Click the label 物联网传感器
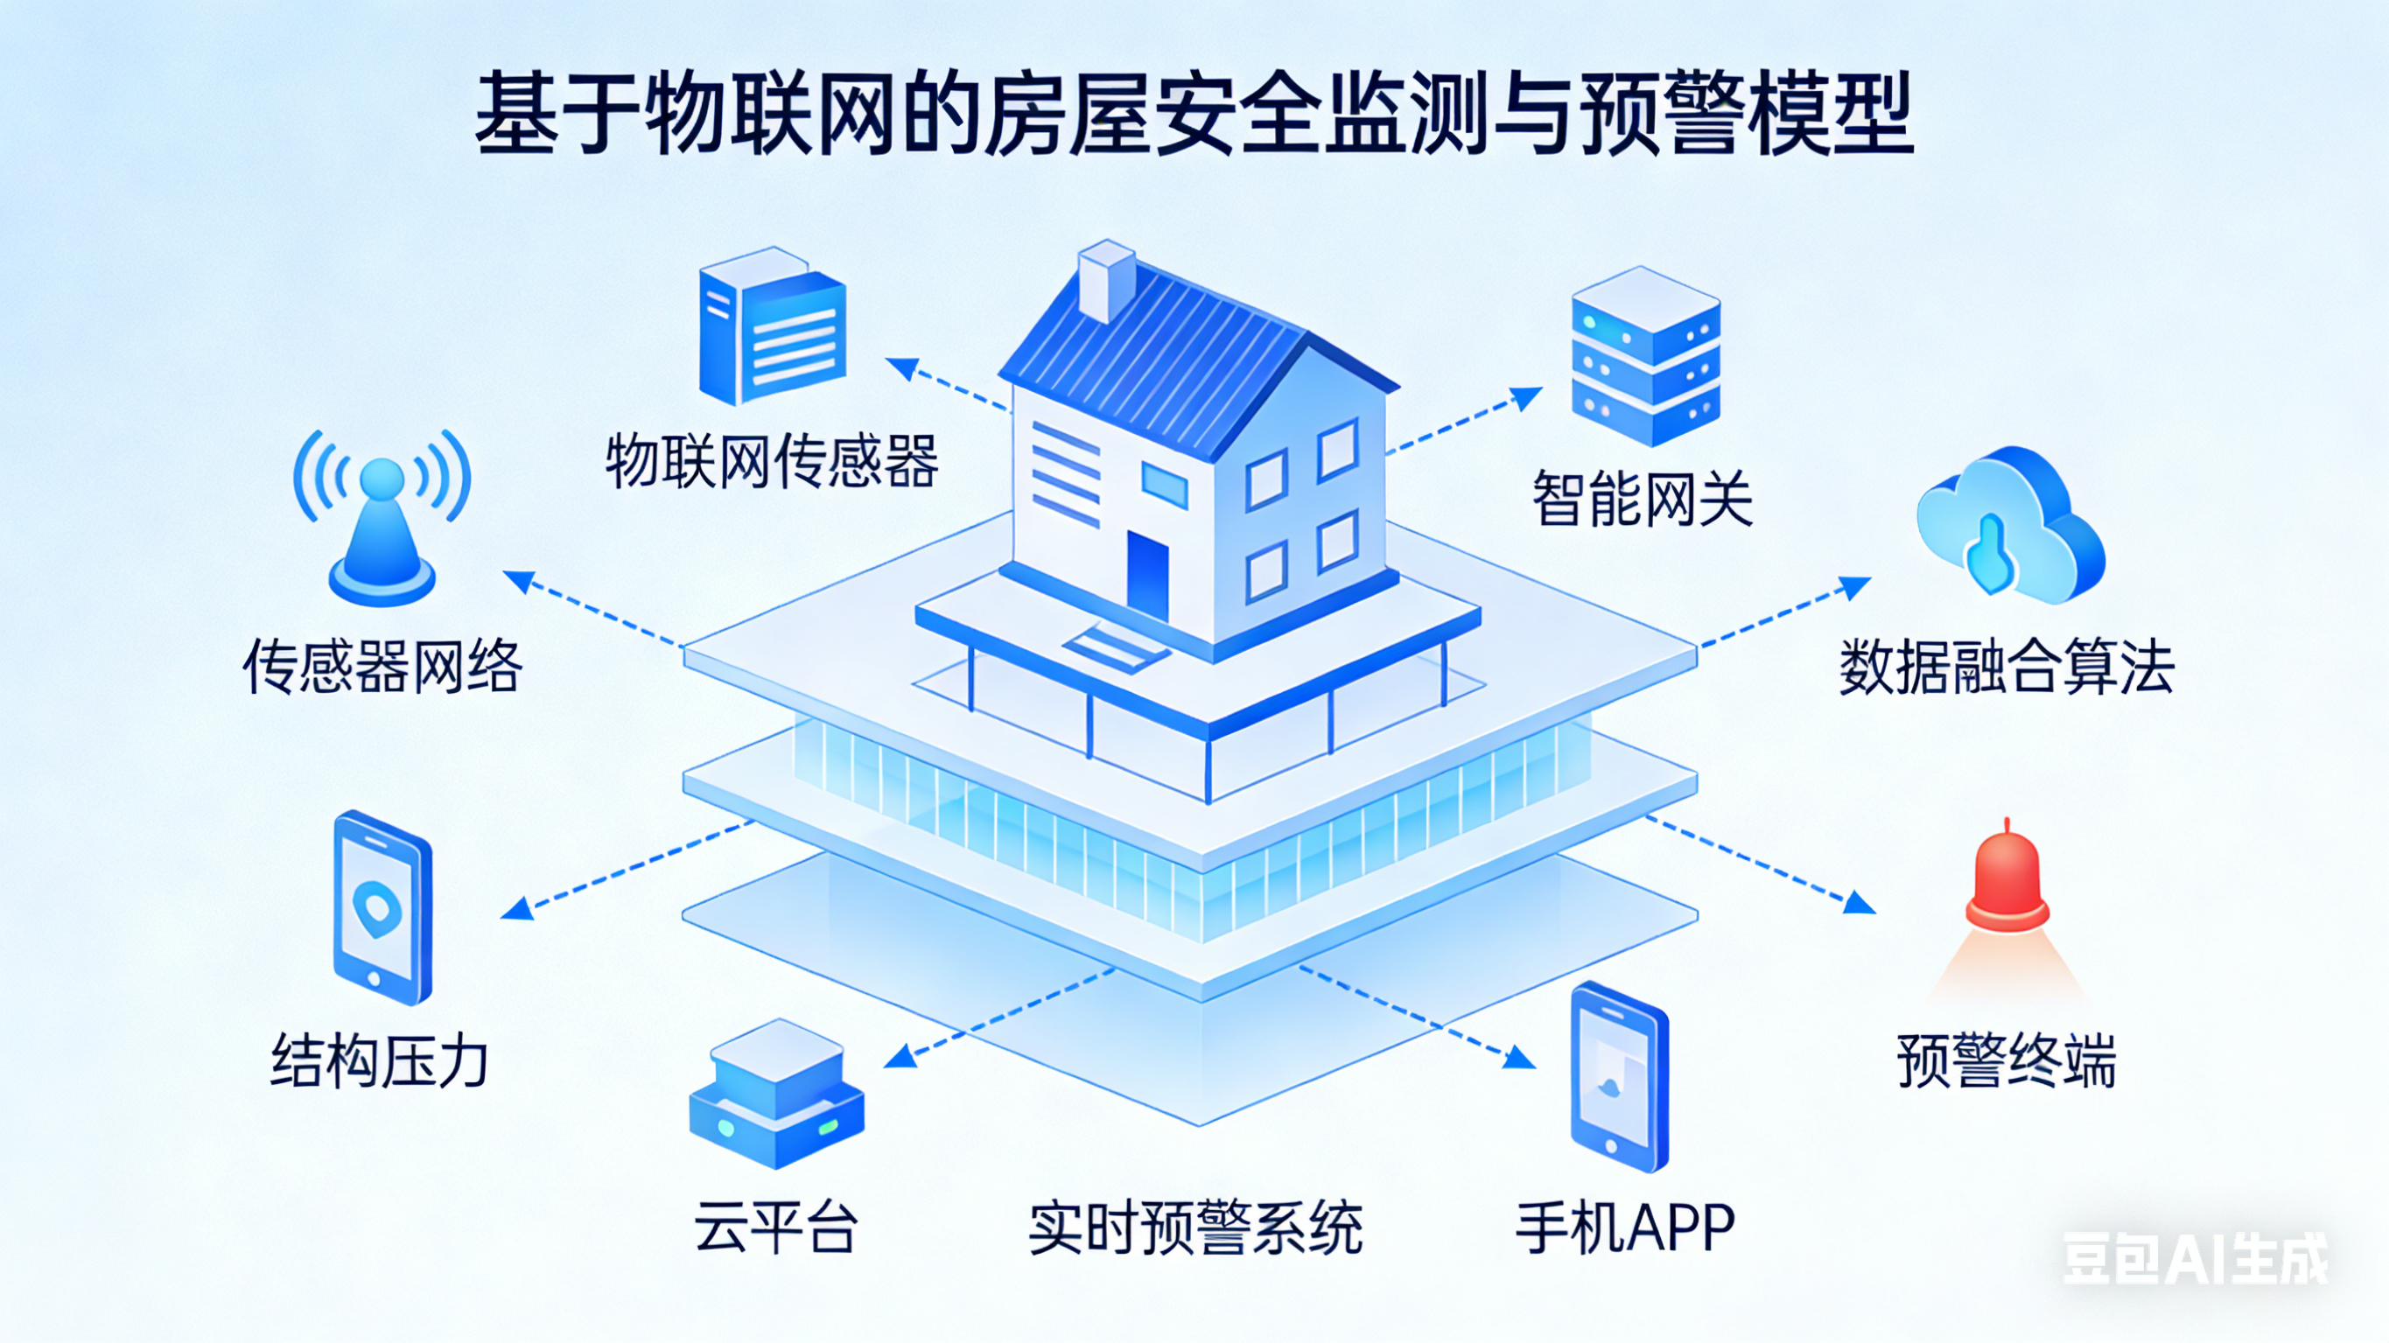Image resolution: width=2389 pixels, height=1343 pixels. (772, 461)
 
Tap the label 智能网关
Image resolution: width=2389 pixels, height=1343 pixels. (1643, 499)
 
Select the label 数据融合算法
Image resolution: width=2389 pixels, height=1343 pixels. (2006, 667)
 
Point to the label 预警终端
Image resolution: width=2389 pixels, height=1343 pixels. (2006, 1060)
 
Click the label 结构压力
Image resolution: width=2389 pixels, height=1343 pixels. (379, 1060)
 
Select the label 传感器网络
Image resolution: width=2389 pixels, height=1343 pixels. (382, 667)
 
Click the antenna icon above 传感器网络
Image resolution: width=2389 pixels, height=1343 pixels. (382, 520)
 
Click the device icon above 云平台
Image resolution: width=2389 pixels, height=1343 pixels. (777, 1095)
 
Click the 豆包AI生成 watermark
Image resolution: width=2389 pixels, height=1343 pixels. (2194, 1259)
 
